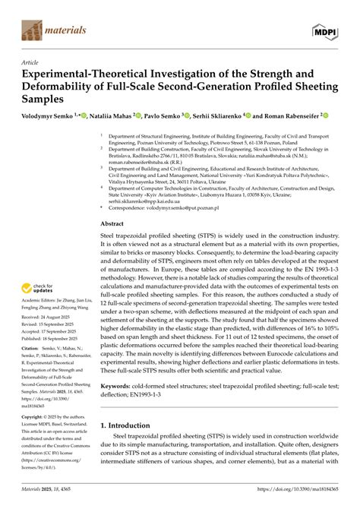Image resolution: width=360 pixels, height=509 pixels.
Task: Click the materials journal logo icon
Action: coord(31,31)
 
